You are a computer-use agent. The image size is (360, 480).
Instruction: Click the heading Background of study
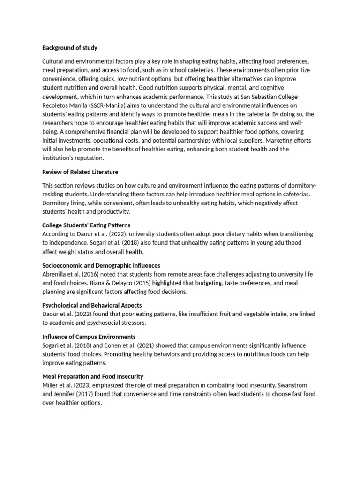tap(70, 48)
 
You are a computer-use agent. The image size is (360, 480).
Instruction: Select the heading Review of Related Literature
tap(80, 172)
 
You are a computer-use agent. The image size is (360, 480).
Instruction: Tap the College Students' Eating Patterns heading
tap(86, 225)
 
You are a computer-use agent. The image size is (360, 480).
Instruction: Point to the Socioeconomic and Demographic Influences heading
tap(101, 265)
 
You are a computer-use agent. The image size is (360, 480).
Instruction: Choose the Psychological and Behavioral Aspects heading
tap(92, 305)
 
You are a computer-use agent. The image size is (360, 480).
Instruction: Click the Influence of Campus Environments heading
tap(89, 337)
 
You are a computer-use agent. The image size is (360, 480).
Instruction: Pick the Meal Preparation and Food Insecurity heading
tap(93, 376)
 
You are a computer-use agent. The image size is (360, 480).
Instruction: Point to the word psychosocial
tap(118, 323)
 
